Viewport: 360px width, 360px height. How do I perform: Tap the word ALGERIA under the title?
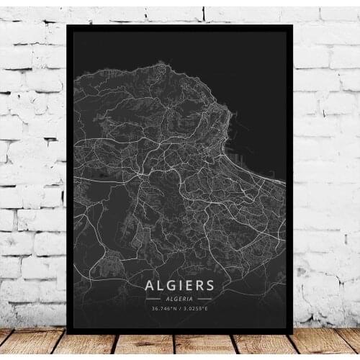(180, 298)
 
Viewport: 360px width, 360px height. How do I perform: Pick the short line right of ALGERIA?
(205, 298)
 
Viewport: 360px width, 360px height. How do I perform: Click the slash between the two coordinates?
(180, 310)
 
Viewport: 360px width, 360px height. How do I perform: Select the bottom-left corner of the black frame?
(68, 333)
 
